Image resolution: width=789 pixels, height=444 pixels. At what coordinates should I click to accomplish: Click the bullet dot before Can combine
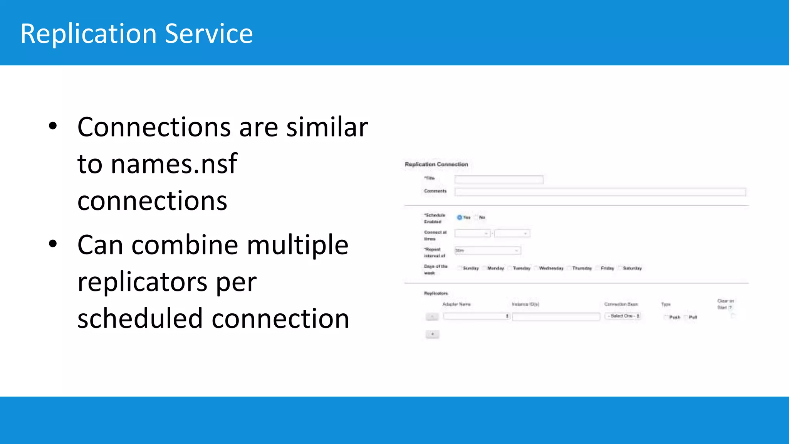[53, 244]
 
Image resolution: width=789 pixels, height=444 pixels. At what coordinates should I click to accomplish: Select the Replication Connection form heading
[436, 164]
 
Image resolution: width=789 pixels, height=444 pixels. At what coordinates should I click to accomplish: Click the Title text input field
[499, 180]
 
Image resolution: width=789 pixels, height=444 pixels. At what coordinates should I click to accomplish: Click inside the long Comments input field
[600, 192]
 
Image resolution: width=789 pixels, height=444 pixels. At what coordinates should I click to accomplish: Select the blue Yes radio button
[459, 217]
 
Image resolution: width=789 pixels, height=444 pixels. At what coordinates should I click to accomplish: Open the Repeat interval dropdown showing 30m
[487, 251]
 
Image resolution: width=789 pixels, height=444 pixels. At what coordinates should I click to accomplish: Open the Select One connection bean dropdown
[623, 316]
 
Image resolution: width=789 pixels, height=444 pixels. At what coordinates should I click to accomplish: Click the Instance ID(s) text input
[556, 317]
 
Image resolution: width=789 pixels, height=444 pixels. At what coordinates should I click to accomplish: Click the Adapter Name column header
[457, 304]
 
